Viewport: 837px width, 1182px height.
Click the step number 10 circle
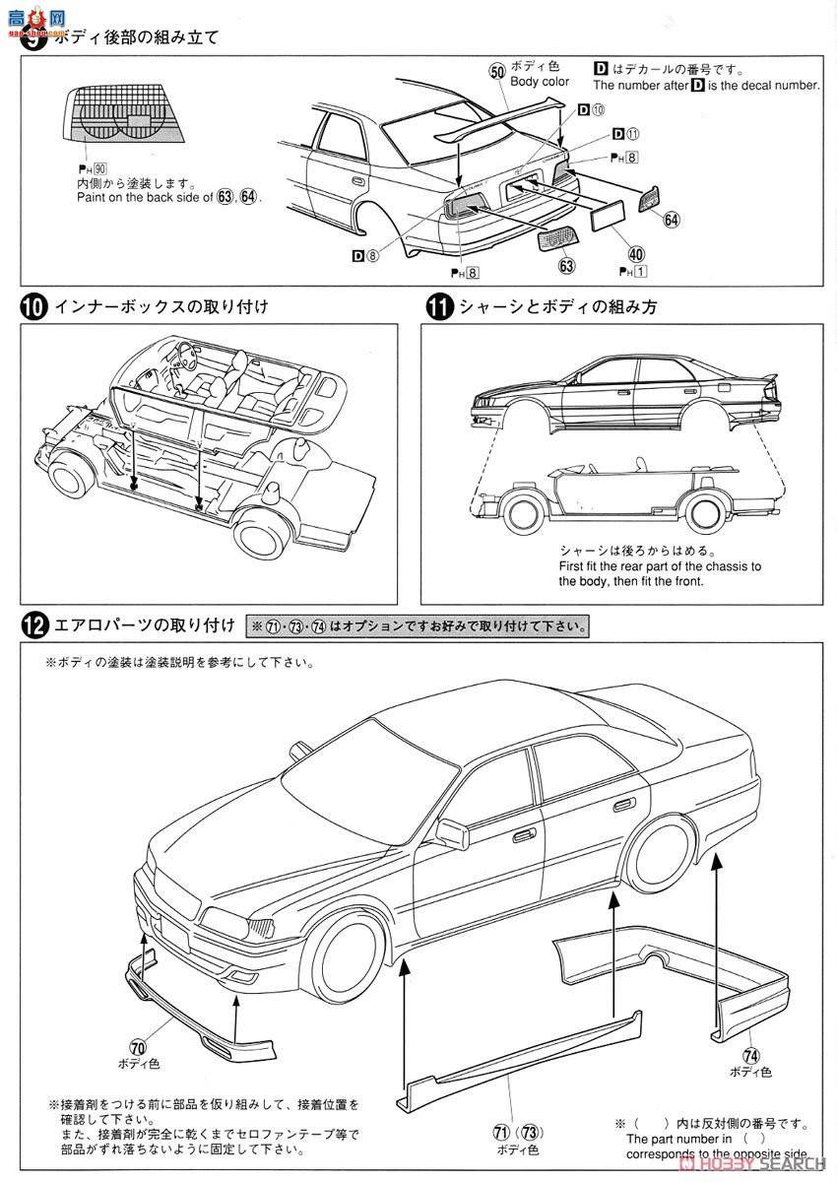(32, 306)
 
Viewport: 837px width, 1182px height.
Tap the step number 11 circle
(438, 306)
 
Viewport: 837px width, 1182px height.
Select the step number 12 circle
(32, 625)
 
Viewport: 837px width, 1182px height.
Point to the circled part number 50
(497, 71)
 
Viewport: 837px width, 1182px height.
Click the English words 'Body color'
(540, 82)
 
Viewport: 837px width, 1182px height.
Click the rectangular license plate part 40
(615, 216)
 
